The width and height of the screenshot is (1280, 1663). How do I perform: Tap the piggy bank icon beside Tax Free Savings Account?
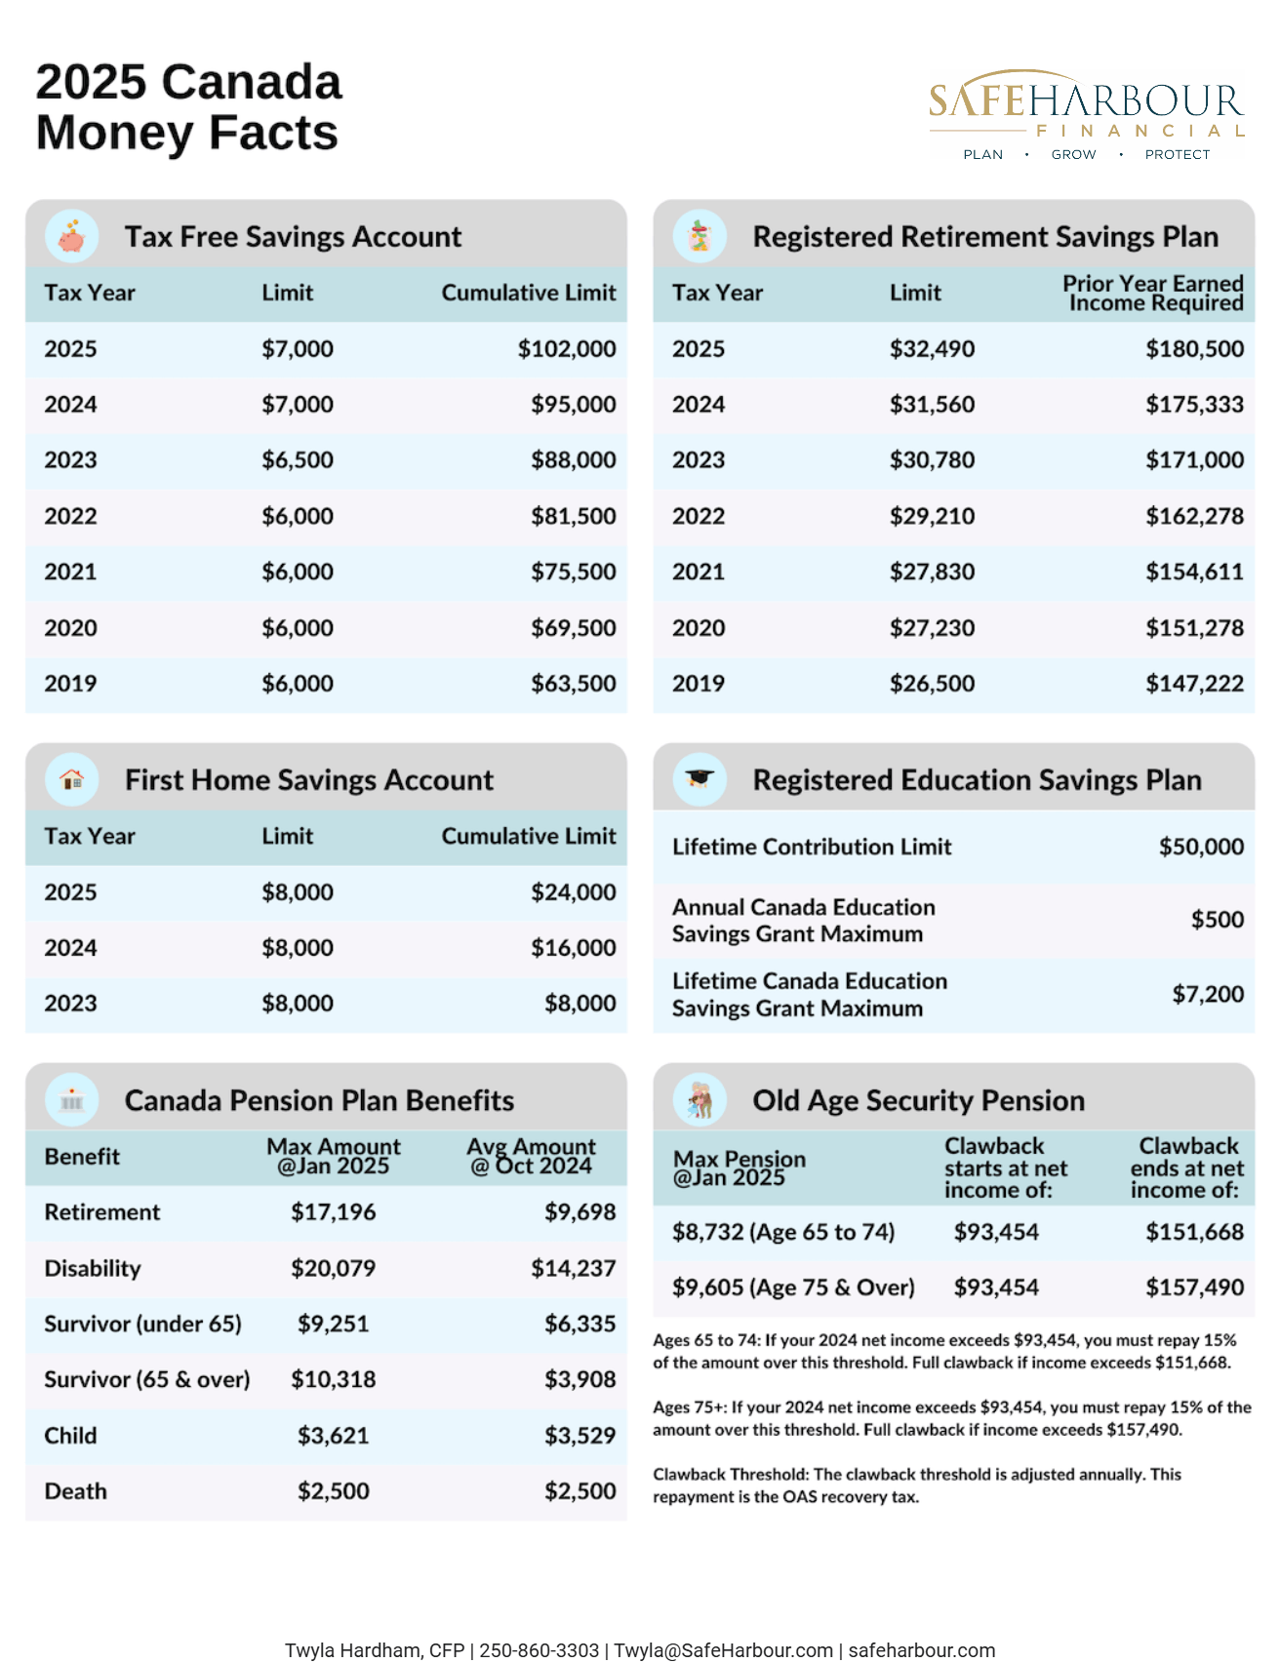[x=71, y=236]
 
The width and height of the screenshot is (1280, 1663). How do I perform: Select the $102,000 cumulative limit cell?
[x=566, y=349]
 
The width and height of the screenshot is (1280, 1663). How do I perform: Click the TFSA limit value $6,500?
[x=297, y=460]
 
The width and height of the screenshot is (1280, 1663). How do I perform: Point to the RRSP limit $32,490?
[x=931, y=349]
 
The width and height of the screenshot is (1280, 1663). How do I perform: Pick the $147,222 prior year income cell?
[x=1194, y=684]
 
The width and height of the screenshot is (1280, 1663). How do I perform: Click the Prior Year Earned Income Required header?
[x=1152, y=293]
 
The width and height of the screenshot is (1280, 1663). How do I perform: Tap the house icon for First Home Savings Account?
[x=71, y=779]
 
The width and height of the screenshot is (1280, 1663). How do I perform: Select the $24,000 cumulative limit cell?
[x=573, y=892]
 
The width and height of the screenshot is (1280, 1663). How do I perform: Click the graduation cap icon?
[x=700, y=779]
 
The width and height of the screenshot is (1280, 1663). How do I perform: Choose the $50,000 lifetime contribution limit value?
[x=1200, y=847]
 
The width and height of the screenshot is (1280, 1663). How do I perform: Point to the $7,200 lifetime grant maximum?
[x=1207, y=994]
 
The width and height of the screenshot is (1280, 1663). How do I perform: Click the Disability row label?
[x=93, y=1268]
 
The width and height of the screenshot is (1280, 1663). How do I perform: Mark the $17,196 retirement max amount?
[x=333, y=1212]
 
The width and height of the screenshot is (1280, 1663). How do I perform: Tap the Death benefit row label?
[x=76, y=1491]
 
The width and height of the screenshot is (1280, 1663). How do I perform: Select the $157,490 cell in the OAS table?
[x=1194, y=1287]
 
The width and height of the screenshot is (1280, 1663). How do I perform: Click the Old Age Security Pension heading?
[x=918, y=1100]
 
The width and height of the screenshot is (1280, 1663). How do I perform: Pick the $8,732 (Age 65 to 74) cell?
[x=782, y=1232]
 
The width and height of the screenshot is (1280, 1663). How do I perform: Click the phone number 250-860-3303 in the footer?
[x=539, y=1650]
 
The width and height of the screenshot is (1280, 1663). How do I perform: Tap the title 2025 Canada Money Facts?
[x=188, y=107]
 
